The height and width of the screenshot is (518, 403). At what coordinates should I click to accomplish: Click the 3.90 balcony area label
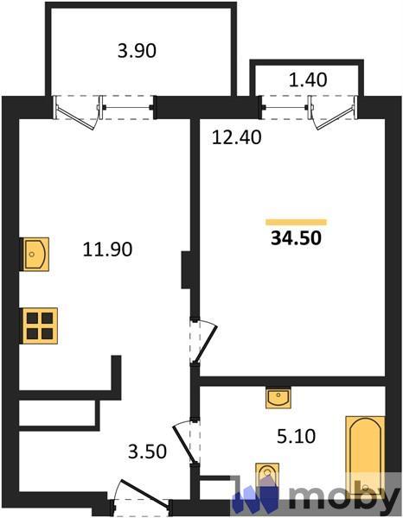click(137, 52)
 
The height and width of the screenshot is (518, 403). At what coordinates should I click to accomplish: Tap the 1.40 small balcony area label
click(308, 80)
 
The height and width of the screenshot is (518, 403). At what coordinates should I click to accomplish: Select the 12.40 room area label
click(237, 137)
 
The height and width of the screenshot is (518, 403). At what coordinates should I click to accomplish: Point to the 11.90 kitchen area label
click(107, 250)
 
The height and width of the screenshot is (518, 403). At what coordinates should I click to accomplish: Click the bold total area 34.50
click(296, 238)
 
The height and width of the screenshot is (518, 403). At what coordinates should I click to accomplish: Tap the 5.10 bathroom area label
click(296, 436)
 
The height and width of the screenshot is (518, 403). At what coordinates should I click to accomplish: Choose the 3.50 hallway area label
click(147, 452)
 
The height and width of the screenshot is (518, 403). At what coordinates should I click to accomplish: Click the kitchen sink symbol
click(35, 255)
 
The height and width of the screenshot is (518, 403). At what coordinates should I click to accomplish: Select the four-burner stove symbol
click(40, 326)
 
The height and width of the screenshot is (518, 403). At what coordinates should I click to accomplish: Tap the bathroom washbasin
click(278, 398)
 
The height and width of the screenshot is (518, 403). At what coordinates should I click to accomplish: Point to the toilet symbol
click(267, 476)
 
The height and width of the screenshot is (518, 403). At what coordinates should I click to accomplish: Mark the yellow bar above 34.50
click(296, 223)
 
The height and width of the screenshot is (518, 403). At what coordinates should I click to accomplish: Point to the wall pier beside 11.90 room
click(186, 270)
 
